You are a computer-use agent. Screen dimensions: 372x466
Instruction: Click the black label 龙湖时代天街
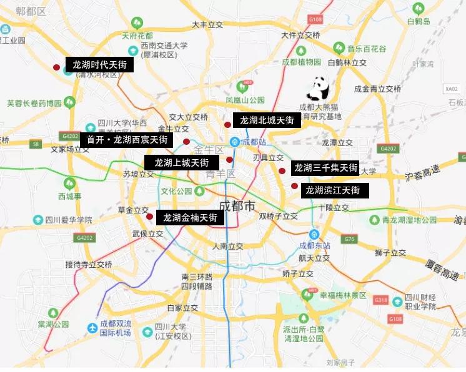coord(99,65)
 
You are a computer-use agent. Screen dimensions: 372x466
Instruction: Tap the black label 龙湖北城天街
coord(267,120)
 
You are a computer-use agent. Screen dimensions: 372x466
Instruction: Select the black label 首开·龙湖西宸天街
coord(127,140)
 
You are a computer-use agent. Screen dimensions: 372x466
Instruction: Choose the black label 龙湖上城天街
coord(182,162)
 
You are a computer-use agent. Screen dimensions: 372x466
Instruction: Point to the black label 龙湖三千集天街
coord(326,168)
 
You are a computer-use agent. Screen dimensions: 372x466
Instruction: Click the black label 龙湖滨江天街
coord(332,190)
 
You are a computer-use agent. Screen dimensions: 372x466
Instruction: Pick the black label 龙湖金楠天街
coord(190,217)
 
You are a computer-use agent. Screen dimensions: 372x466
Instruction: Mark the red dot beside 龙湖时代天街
coord(56,67)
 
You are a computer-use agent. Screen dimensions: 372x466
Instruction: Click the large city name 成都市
coord(238,205)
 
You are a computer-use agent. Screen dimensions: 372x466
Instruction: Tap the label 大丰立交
coord(207,25)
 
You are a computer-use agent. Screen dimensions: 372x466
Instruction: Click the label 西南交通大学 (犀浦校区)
coord(164,50)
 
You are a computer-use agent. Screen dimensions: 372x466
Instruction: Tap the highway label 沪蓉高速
coord(422,175)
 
